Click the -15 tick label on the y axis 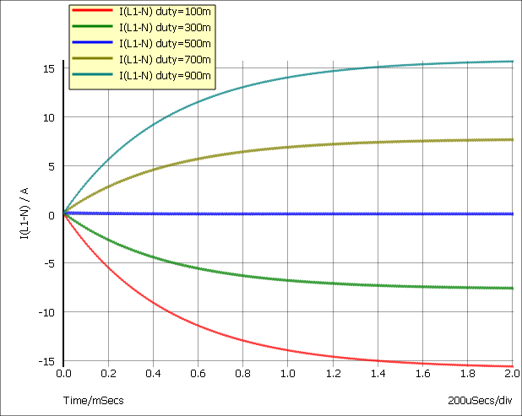pyautogui.click(x=47, y=361)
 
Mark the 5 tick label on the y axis pyautogui.click(x=52, y=166)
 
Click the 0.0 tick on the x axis pyautogui.click(x=63, y=372)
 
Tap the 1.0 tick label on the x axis pyautogui.click(x=288, y=372)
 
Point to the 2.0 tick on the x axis pyautogui.click(x=512, y=372)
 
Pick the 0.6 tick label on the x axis pyautogui.click(x=198, y=372)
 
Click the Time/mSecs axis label pyautogui.click(x=93, y=400)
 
